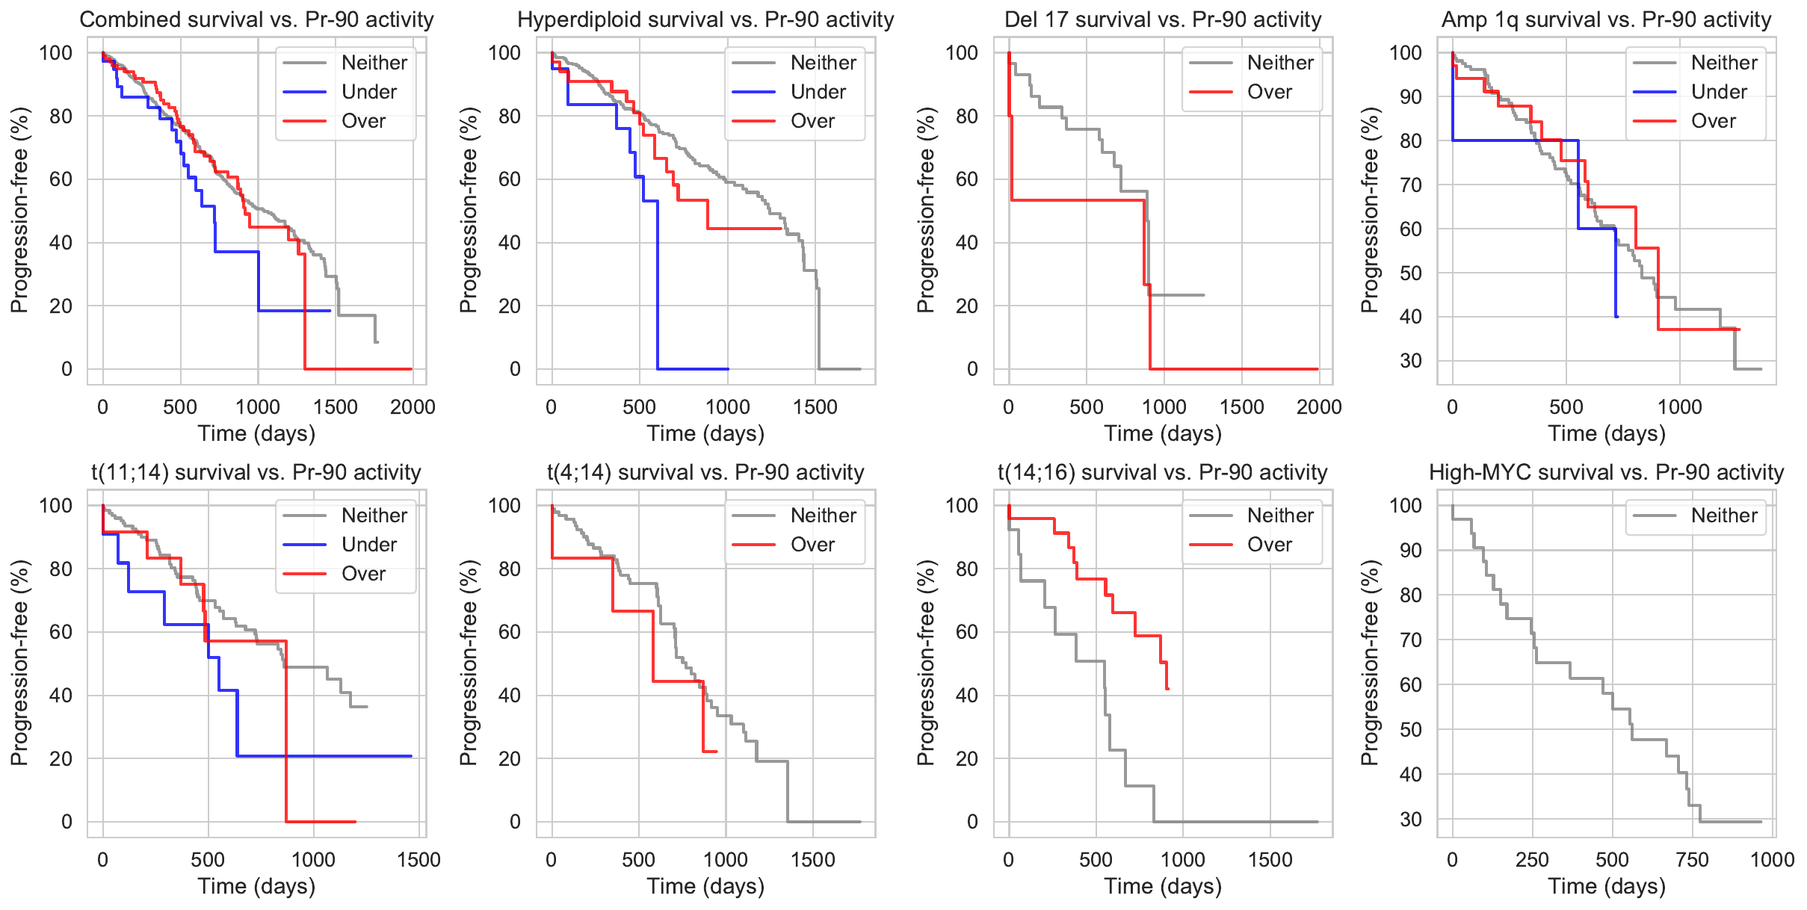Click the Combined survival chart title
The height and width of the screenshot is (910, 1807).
click(256, 19)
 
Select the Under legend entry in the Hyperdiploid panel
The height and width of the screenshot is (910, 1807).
click(818, 92)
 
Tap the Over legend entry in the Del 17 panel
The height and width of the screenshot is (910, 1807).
click(1269, 92)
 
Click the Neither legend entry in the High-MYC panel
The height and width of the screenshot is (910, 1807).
click(1723, 516)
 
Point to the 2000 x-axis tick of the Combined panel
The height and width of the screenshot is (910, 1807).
click(413, 407)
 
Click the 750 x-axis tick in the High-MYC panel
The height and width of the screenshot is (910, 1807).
click(1692, 860)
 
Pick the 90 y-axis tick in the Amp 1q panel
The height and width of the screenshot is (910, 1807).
click(1410, 96)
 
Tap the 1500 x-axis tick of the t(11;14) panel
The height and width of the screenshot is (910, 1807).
click(418, 860)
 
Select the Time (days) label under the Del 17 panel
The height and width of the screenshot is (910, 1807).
click(1163, 434)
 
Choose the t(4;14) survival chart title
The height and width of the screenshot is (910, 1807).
click(705, 472)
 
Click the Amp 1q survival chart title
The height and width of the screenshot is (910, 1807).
click(1606, 19)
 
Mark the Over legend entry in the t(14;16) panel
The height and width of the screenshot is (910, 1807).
click(1269, 545)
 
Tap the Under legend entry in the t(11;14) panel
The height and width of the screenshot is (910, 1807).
click(369, 545)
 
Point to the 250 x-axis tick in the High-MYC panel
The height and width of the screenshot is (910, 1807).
click(1532, 860)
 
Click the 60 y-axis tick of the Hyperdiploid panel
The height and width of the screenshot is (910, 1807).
click(510, 179)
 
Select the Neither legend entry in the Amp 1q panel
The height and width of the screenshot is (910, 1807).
click(1723, 63)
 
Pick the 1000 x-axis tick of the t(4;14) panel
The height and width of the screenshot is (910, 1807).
click(726, 860)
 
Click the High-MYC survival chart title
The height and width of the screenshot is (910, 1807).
click(1606, 472)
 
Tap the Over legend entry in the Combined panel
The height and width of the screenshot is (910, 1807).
click(363, 121)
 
